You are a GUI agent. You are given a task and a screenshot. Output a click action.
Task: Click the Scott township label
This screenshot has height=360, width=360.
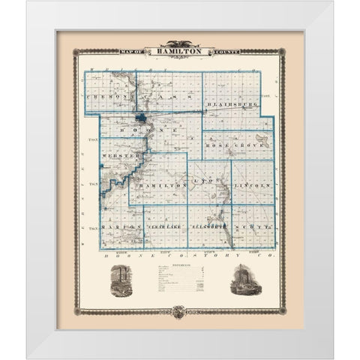pyautogui.click(x=253, y=225)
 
